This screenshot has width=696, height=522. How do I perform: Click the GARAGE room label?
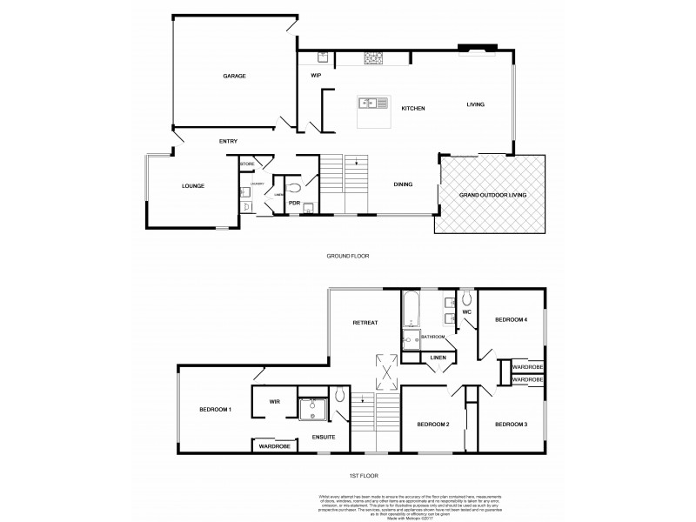(x=233, y=77)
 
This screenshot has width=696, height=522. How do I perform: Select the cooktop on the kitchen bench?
(x=374, y=57)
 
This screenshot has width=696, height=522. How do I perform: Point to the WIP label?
(x=317, y=77)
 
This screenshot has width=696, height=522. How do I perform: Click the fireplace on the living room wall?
(x=478, y=48)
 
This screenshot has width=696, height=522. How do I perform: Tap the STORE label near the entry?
(x=246, y=164)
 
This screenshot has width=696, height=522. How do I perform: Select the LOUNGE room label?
(x=193, y=185)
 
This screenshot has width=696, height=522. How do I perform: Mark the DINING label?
(x=403, y=184)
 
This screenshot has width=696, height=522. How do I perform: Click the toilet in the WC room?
(x=466, y=297)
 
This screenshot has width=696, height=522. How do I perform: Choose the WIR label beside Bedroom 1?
(x=274, y=401)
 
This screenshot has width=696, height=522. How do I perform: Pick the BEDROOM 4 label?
(x=511, y=320)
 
